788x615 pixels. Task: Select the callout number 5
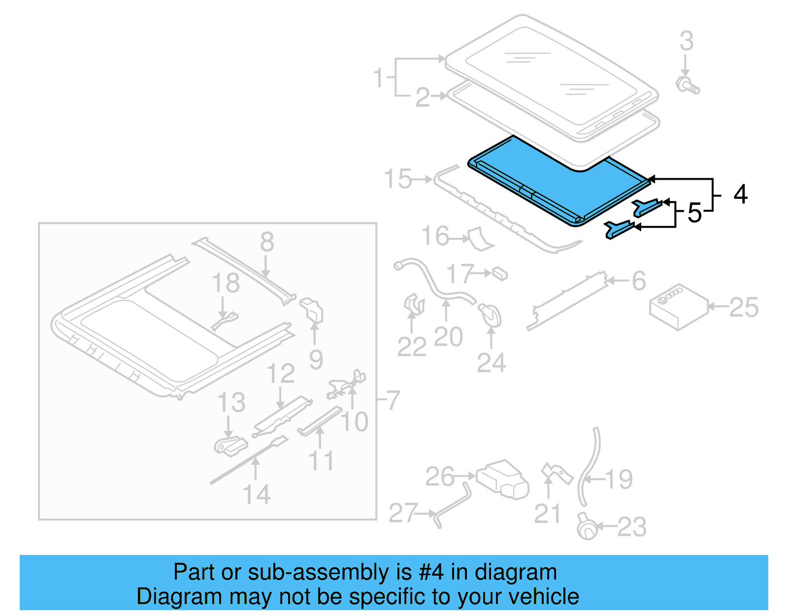(x=694, y=213)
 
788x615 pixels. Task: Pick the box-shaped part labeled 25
(x=679, y=307)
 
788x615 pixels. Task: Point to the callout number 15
(x=398, y=179)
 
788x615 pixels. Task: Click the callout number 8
(x=267, y=242)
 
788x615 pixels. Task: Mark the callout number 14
(x=257, y=494)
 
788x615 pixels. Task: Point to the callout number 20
(x=448, y=337)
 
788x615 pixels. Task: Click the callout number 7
(x=393, y=400)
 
